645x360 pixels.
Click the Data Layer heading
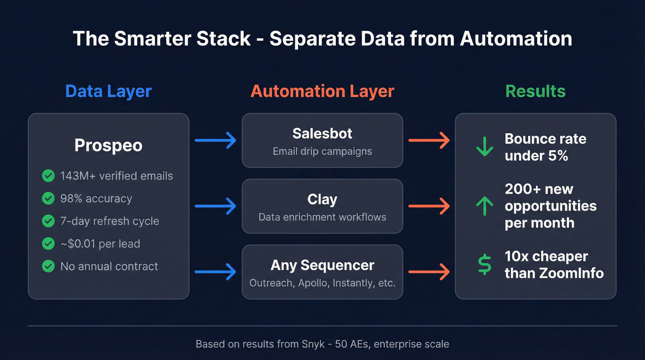108,91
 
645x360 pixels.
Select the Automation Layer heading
322,91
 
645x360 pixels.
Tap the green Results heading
535,91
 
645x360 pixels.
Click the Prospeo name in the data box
108,146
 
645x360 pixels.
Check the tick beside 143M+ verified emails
48,176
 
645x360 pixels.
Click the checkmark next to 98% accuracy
48,198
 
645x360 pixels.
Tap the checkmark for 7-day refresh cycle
48,221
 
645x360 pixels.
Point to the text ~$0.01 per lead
100,243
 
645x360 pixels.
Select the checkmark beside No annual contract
48,266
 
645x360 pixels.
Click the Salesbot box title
322,134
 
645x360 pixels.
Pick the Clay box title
322,200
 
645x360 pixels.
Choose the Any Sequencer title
322,266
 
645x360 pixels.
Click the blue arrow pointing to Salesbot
215,140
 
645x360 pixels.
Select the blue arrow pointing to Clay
215,206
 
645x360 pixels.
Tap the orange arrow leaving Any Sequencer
429,272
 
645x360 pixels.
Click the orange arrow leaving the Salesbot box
429,140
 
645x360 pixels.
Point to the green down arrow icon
484,147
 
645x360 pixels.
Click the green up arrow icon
484,206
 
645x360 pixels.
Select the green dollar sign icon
484,265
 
